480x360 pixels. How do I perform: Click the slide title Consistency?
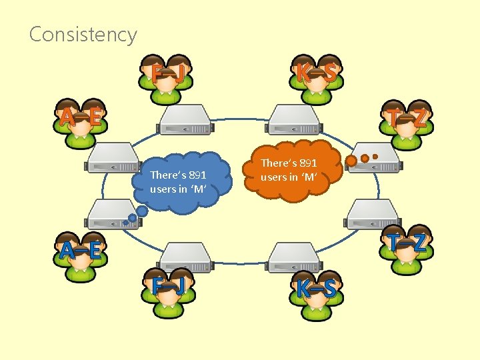(83, 34)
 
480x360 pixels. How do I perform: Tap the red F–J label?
(168, 73)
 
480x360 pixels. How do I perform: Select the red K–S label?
(317, 73)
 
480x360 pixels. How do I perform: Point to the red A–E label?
(80, 118)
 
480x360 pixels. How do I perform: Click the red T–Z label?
(408, 118)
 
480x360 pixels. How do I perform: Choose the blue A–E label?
(80, 250)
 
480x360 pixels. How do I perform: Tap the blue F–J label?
(168, 287)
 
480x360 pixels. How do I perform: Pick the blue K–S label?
(317, 288)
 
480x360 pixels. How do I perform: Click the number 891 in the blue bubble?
(198, 175)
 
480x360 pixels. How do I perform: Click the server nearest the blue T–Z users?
(373, 215)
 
